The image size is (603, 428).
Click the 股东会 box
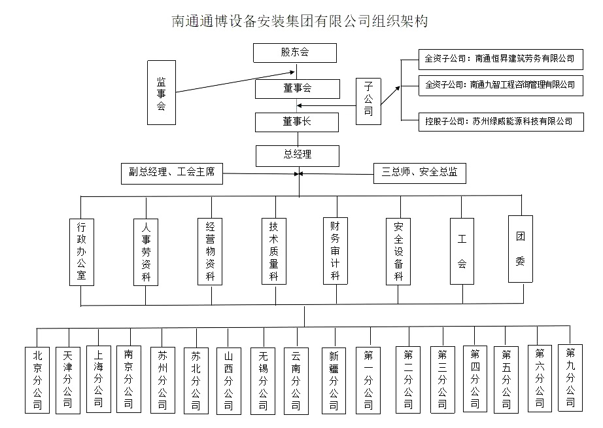(x=295, y=53)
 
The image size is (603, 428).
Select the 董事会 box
(x=297, y=88)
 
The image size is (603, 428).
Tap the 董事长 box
(x=297, y=122)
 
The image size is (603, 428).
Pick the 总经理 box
(x=298, y=155)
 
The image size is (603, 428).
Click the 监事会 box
(x=161, y=92)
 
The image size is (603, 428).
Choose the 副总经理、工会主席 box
(x=171, y=173)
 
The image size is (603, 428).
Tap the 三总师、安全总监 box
(x=420, y=173)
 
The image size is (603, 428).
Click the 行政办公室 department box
(x=82, y=252)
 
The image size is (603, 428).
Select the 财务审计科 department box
(x=336, y=249)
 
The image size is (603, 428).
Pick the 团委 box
(x=521, y=249)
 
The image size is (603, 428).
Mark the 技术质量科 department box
(x=274, y=251)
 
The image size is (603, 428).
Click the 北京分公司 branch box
(x=37, y=380)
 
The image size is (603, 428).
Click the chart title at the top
(x=300, y=22)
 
